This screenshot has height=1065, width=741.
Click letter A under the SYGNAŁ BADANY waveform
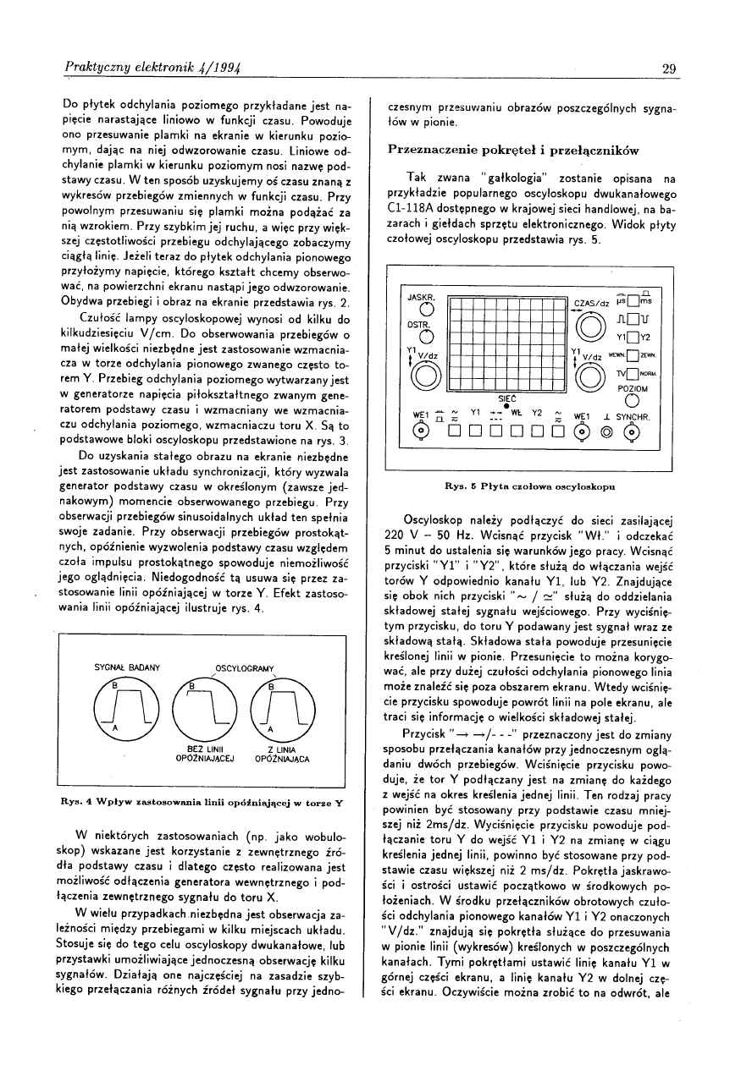click(x=115, y=728)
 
